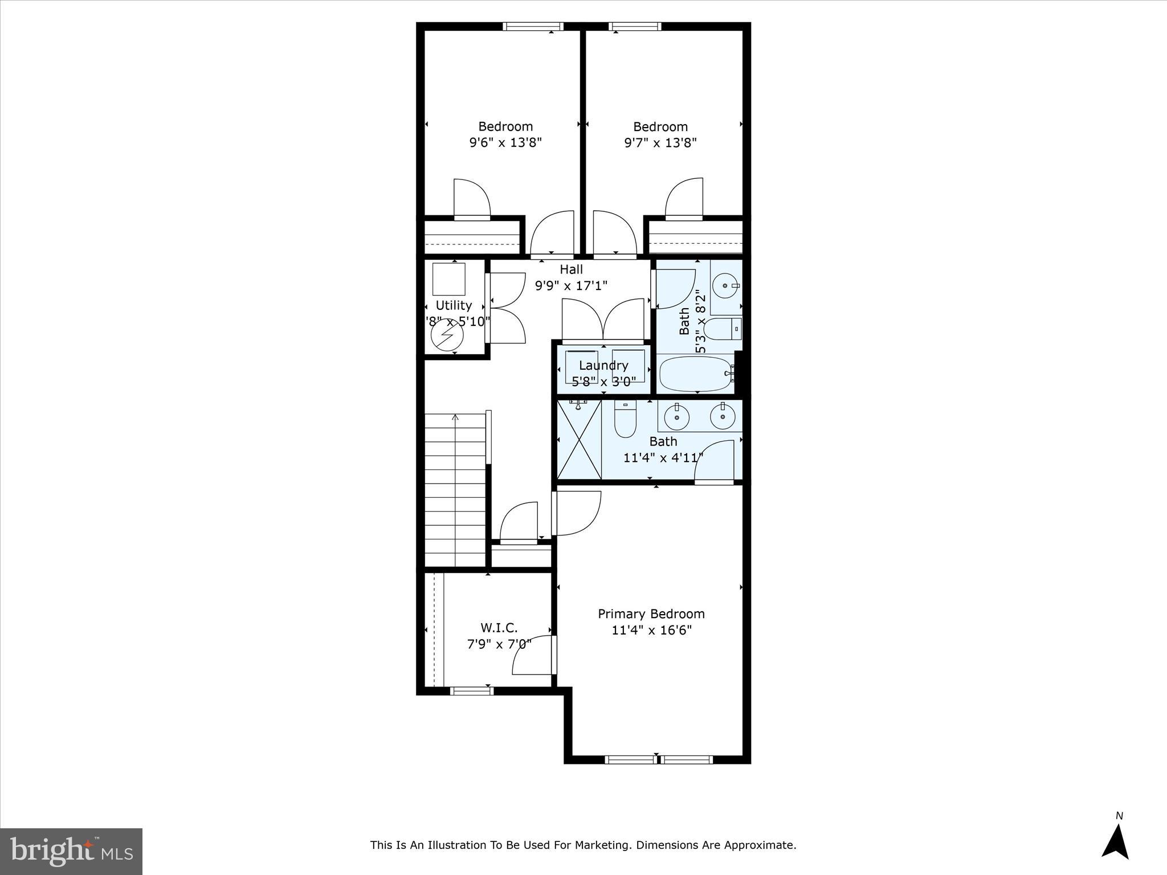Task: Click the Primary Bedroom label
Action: point(651,614)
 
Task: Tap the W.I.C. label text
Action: point(499,628)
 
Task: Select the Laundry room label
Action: point(603,365)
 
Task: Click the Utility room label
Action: point(454,305)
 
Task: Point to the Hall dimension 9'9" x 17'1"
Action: point(572,285)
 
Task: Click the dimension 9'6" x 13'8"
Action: point(505,142)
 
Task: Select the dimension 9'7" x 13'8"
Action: point(660,142)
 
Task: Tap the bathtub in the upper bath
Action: point(695,374)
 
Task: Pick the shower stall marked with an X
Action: point(579,439)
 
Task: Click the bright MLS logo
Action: point(71,852)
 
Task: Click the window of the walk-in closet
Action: point(471,691)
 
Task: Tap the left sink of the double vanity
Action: point(678,417)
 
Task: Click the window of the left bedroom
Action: point(533,26)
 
